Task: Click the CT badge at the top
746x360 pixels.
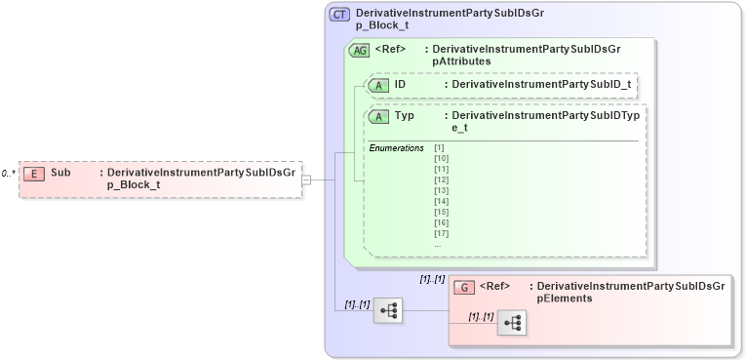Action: click(339, 15)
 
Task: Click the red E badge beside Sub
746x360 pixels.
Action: click(34, 173)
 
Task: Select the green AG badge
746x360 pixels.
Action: click(359, 50)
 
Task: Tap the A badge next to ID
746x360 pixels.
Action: click(378, 86)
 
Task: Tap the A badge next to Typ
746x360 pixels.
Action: click(378, 117)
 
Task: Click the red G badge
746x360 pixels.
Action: click(466, 287)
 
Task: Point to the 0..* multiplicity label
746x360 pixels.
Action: click(9, 173)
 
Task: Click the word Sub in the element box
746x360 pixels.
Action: click(60, 173)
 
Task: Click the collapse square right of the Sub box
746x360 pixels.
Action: click(306, 180)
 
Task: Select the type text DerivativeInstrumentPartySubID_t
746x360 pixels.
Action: click(534, 86)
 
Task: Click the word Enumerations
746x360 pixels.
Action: click(396, 147)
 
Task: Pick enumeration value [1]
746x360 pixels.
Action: click(439, 147)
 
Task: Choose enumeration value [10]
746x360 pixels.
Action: click(441, 158)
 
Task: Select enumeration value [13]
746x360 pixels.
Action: click(441, 190)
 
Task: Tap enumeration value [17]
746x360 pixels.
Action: click(441, 233)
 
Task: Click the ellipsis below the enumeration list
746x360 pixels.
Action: click(437, 244)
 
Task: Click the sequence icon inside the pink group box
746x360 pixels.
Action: click(512, 321)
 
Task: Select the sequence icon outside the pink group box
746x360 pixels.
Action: click(388, 310)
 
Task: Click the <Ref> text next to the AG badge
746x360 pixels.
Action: click(390, 49)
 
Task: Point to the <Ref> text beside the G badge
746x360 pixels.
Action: click(496, 287)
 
